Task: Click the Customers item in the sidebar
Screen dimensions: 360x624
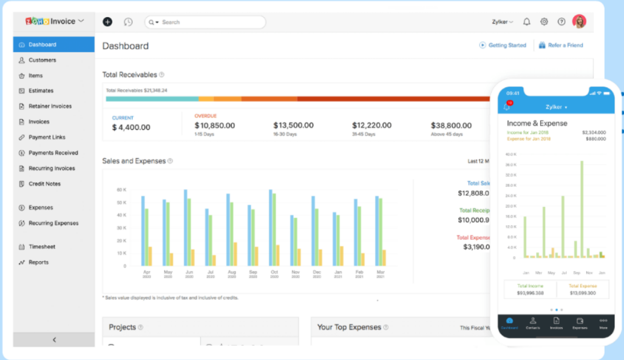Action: (42, 60)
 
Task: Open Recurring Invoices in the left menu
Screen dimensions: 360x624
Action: (52, 168)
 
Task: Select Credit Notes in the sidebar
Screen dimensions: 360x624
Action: (44, 183)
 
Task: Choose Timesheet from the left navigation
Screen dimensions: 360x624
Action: (42, 246)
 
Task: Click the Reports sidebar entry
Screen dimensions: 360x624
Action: (38, 262)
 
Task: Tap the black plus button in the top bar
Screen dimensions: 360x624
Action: (107, 22)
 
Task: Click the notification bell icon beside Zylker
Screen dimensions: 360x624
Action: (526, 22)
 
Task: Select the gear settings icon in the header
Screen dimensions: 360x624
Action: (544, 22)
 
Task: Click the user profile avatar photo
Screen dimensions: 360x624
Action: (579, 21)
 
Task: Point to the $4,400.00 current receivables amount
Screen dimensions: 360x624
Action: (131, 127)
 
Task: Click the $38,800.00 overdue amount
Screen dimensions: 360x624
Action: (451, 125)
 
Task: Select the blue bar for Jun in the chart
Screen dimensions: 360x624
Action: (186, 228)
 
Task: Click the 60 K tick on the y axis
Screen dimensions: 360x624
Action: (121, 190)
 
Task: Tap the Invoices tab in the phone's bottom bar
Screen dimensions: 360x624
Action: (556, 323)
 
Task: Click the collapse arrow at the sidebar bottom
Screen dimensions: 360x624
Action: (54, 340)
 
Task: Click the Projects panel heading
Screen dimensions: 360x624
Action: (122, 327)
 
